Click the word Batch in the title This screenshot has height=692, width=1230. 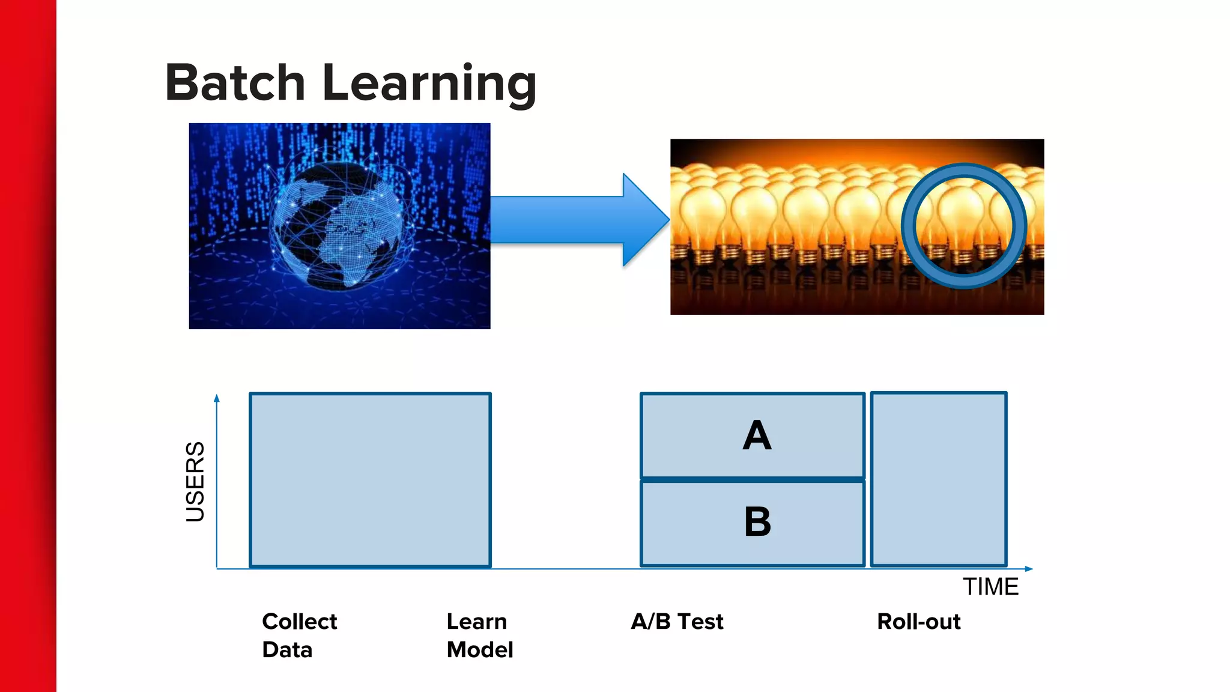pyautogui.click(x=235, y=83)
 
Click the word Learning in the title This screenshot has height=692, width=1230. pyautogui.click(x=429, y=84)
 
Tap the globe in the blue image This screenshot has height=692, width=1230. pyautogui.click(x=338, y=227)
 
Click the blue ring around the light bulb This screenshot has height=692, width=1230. pyautogui.click(x=909, y=226)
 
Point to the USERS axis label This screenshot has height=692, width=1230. pyautogui.click(x=195, y=482)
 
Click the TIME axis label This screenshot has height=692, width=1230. pyautogui.click(x=990, y=586)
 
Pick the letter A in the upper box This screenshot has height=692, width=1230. pyautogui.click(x=756, y=436)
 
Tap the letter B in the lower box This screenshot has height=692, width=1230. pyautogui.click(x=757, y=521)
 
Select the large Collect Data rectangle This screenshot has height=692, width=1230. pyautogui.click(x=370, y=480)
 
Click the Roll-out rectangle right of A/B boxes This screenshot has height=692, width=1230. pyautogui.click(x=938, y=479)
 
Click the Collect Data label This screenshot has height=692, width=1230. pyautogui.click(x=299, y=635)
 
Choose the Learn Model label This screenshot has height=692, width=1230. pyautogui.click(x=479, y=635)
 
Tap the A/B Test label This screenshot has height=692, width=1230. pyautogui.click(x=677, y=621)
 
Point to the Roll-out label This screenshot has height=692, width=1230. pyautogui.click(x=918, y=621)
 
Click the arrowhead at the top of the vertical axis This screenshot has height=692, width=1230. pyautogui.click(x=217, y=398)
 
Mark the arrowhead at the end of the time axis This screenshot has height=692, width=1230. pyautogui.click(x=1029, y=568)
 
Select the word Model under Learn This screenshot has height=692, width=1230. pyautogui.click(x=479, y=649)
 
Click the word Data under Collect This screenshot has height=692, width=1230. pyautogui.click(x=287, y=649)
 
